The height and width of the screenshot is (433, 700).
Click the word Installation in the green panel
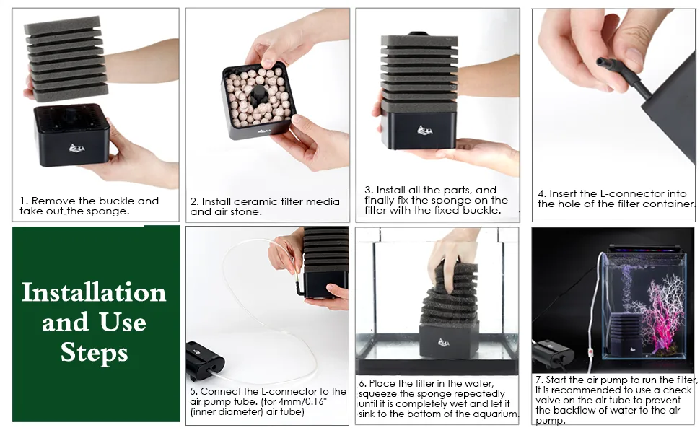coord(94,292)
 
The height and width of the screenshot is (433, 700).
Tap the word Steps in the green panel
coord(95,353)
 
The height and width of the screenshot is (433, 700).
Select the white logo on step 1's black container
coord(76,148)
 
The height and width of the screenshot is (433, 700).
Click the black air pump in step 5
coord(206,361)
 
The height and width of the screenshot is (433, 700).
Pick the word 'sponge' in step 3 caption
coord(461,200)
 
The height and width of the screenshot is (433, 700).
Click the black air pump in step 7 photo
coord(553,353)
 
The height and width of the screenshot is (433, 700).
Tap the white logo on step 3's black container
coord(424,131)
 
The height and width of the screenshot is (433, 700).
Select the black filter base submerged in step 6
coord(449,341)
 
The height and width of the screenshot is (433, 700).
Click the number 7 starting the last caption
coord(538,380)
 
